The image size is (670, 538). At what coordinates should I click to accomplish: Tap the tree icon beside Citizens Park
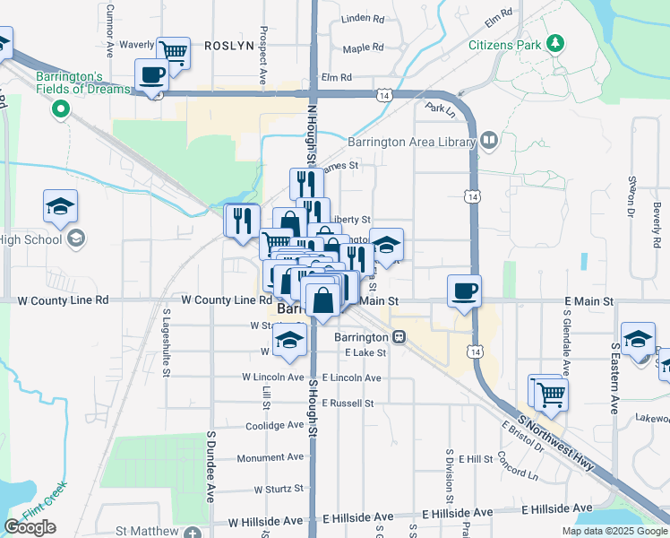pyautogui.click(x=555, y=43)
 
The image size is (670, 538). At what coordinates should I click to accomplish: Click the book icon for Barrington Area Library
pyautogui.click(x=488, y=140)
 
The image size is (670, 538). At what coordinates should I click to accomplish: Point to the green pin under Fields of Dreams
pyautogui.click(x=61, y=109)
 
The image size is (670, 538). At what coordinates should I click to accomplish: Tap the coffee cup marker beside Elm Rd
pyautogui.click(x=151, y=74)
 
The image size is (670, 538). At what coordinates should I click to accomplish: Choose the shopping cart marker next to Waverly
pyautogui.click(x=173, y=52)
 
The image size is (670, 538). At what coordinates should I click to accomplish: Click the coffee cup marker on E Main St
pyautogui.click(x=464, y=291)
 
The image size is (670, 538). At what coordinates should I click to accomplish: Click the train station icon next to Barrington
pyautogui.click(x=398, y=337)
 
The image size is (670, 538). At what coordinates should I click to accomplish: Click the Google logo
pyautogui.click(x=30, y=527)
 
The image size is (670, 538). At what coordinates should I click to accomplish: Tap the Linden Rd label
pyautogui.click(x=363, y=18)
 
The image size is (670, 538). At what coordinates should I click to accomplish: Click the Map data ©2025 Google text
pyautogui.click(x=614, y=531)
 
